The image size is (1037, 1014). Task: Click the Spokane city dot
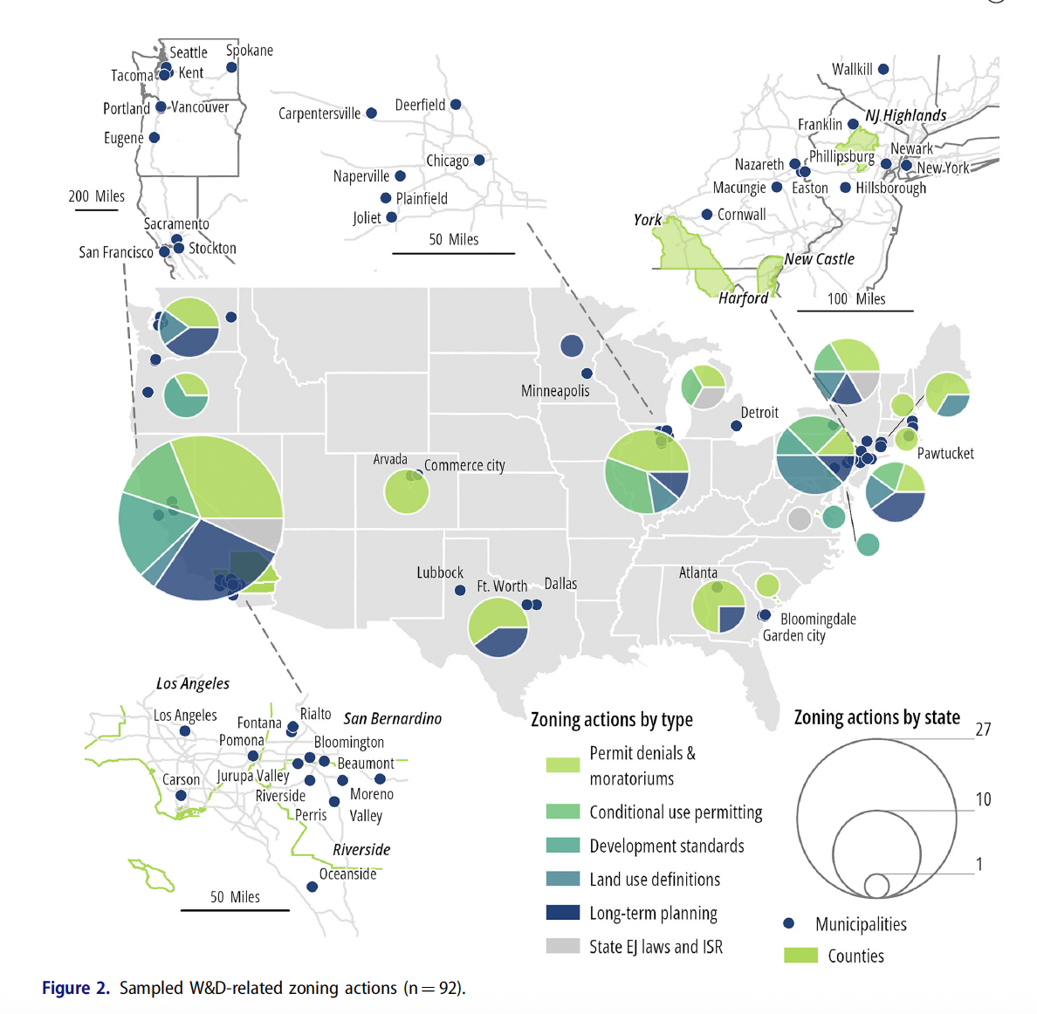231,67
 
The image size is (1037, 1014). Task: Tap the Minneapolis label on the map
555,391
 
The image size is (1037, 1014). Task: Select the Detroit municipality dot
737,426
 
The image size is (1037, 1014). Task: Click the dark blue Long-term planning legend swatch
563,913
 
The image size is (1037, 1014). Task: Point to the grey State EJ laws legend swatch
563,946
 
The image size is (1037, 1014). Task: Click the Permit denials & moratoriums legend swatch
563,764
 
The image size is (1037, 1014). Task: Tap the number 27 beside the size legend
983,730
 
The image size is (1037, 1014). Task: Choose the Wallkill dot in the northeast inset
883,69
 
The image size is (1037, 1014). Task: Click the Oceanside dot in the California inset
312,887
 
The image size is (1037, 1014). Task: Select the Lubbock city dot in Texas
460,591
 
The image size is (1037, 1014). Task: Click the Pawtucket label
945,454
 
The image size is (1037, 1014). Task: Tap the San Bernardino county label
393,719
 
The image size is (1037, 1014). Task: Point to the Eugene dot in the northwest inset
155,138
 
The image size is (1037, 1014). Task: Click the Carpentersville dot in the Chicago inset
372,113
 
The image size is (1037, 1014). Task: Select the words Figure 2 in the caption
76,988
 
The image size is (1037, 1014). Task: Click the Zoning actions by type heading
612,720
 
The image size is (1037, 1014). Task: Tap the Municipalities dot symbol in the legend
789,923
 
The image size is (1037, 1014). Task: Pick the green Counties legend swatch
800,956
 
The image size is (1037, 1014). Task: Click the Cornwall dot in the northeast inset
707,215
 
